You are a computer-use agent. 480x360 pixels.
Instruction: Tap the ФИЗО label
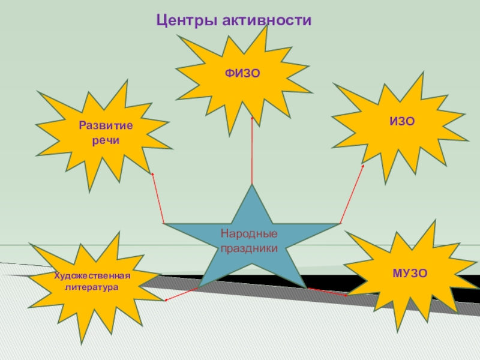click(x=242, y=73)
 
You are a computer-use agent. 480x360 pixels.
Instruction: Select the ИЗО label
click(x=401, y=121)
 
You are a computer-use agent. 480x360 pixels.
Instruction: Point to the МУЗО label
click(x=410, y=274)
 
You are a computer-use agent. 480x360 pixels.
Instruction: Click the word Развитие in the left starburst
click(x=106, y=126)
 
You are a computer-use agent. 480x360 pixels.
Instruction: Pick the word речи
click(x=106, y=140)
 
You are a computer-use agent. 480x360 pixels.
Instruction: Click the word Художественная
click(x=92, y=276)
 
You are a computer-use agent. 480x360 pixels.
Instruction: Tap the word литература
click(x=92, y=287)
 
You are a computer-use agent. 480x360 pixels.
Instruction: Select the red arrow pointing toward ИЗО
click(x=352, y=194)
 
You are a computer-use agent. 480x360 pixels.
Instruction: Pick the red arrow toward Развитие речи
click(x=158, y=198)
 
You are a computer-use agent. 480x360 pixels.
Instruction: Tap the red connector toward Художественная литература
click(x=182, y=294)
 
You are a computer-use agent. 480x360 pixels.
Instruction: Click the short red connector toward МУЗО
click(x=328, y=292)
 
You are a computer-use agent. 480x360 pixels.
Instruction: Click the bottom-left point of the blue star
click(x=200, y=286)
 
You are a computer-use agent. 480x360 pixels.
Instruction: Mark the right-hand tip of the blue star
click(x=340, y=224)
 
